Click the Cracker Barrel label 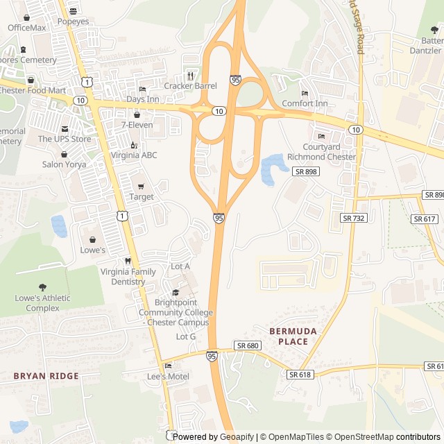pyautogui.click(x=190, y=86)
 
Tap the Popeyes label pyautogui.click(x=73, y=22)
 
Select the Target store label pyautogui.click(x=141, y=197)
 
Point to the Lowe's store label pyautogui.click(x=93, y=250)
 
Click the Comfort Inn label pyautogui.click(x=305, y=104)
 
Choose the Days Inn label pyautogui.click(x=142, y=100)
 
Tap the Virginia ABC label pyautogui.click(x=134, y=155)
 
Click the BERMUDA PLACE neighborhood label pyautogui.click(x=293, y=336)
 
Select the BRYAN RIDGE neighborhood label pyautogui.click(x=46, y=376)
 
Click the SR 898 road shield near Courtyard pyautogui.click(x=305, y=171)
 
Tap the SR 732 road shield pyautogui.click(x=353, y=218)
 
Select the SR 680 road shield pyautogui.click(x=247, y=345)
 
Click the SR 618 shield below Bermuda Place pyautogui.click(x=300, y=375)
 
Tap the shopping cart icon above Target pyautogui.click(x=141, y=187)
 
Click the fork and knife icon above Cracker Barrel pyautogui.click(x=190, y=76)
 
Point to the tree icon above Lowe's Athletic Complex pyautogui.click(x=43, y=287)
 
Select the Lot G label pyautogui.click(x=186, y=336)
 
